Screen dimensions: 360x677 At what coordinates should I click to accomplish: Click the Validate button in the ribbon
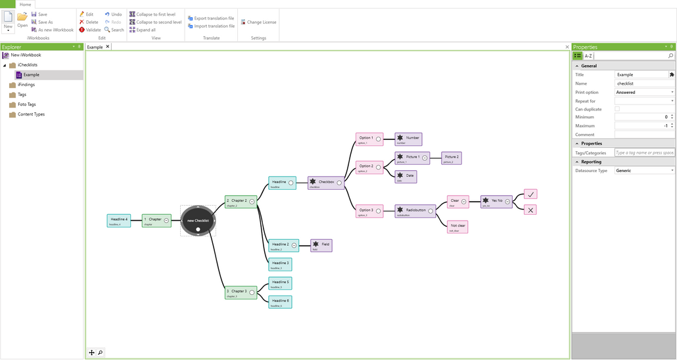coord(90,30)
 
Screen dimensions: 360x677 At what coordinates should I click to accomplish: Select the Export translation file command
coord(210,18)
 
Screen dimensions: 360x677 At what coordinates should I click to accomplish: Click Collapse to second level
coord(155,22)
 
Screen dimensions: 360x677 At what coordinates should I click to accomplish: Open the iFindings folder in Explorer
coord(26,85)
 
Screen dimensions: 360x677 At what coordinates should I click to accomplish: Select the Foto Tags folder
coord(26,104)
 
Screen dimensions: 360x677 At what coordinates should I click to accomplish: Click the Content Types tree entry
coord(31,114)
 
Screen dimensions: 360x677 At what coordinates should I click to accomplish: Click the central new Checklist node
coord(198,220)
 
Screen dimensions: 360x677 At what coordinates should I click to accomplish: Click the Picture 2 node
coord(452,158)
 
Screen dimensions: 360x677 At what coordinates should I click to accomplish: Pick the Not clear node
coord(457,227)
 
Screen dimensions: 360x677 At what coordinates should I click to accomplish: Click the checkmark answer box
coord(531,194)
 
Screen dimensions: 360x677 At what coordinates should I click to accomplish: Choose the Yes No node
coord(496,201)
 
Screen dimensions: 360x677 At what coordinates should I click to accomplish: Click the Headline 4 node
coord(119,220)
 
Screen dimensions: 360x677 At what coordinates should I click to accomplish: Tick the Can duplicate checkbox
coord(617,109)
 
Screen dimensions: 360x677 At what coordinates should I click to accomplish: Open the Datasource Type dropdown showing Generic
coord(644,171)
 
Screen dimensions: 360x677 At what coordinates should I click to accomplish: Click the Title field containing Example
coord(641,75)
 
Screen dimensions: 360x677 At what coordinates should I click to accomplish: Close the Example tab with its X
coord(108,47)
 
